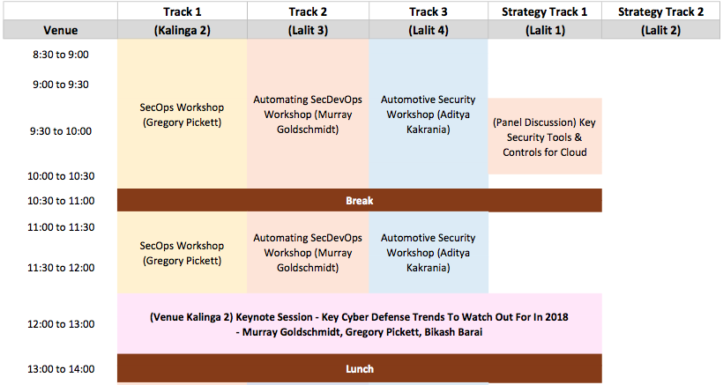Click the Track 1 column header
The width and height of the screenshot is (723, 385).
(183, 12)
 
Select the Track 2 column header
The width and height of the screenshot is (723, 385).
(308, 12)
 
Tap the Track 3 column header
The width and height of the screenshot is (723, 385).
(429, 12)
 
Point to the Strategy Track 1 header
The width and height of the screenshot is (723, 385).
(545, 12)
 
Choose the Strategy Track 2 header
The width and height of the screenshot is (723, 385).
(660, 12)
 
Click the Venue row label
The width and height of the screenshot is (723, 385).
(61, 30)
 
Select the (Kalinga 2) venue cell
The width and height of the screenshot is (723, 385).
(183, 30)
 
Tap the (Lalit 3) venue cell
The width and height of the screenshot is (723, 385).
(308, 30)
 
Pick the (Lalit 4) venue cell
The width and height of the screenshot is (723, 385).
(429, 30)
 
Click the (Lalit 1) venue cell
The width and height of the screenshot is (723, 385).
(545, 30)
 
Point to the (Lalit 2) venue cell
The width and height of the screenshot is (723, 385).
(660, 30)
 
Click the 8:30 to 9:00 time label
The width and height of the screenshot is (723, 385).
(61, 55)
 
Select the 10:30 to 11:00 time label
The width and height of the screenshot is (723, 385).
(61, 201)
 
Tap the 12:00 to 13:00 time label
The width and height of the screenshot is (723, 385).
(61, 324)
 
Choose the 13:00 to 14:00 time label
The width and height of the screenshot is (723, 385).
(61, 369)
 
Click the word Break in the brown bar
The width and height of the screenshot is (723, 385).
(360, 201)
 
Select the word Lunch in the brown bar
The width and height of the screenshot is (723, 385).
(360, 369)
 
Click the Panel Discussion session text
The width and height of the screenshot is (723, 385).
(545, 137)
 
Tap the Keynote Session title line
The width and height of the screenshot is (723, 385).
(359, 317)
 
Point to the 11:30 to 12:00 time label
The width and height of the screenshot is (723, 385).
(61, 268)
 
